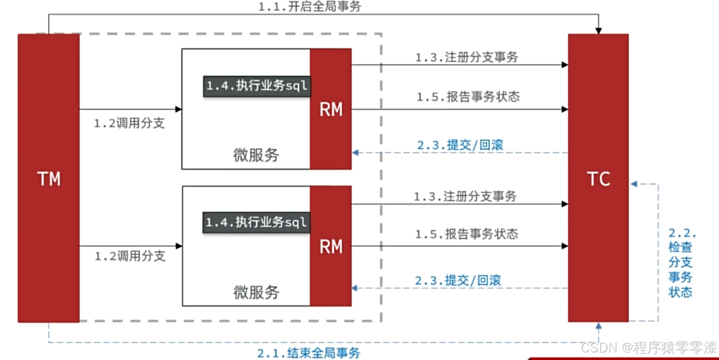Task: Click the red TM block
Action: pos(48,178)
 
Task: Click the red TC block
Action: pos(598,178)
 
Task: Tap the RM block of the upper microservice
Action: pos(331,109)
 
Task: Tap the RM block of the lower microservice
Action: pos(331,246)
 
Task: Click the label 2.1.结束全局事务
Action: pos(309,353)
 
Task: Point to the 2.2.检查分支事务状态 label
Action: pos(681,263)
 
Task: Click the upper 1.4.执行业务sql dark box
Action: pos(257,86)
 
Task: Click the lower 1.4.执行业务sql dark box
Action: pos(257,222)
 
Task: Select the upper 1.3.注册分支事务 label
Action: pos(467,57)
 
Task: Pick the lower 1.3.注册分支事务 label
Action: pos(465,196)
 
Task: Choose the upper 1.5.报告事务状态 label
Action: pos(468,97)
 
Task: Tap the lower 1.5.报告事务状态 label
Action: pos(466,234)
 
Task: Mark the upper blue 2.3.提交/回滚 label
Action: pos(460,145)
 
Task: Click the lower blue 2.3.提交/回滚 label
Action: pos(458,281)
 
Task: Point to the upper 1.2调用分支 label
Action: pos(130,124)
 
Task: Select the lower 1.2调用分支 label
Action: pos(130,256)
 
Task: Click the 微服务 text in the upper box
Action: pos(256,155)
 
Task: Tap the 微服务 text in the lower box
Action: pos(256,292)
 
